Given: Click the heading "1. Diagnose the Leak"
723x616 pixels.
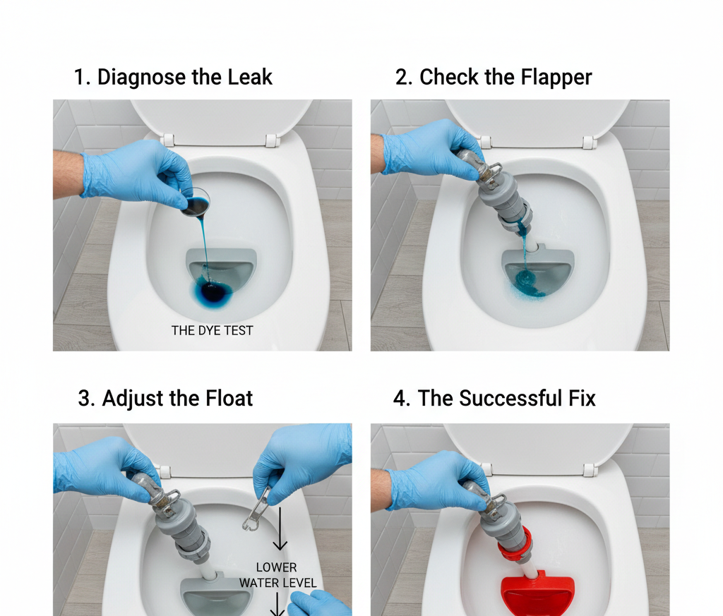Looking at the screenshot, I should coord(173,77).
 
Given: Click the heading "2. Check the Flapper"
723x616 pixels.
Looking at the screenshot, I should coord(493,77).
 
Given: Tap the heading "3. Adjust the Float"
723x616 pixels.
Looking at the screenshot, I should coord(165,398).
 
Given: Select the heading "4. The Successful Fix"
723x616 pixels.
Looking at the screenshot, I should coord(494,398).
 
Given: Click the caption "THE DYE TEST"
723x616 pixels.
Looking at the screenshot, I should coord(212,330).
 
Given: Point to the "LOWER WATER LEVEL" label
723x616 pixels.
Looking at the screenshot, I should coord(277,575).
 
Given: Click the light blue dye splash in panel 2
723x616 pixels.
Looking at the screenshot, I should coord(526,283).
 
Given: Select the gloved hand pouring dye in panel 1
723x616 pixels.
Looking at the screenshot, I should coord(131,171).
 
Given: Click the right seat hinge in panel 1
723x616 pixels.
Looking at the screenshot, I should coord(271,140).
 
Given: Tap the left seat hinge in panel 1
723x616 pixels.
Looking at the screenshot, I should coord(167,140).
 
